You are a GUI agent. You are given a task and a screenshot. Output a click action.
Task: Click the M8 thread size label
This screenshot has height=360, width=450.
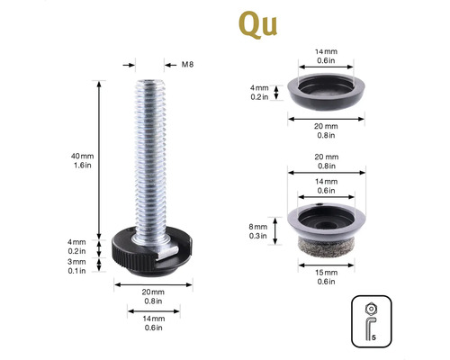pos(187,65)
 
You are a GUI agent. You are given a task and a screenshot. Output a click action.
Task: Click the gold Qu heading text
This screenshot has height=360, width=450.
pos(258,24)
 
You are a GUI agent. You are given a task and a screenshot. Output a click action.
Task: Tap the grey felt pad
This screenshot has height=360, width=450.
pos(327,247)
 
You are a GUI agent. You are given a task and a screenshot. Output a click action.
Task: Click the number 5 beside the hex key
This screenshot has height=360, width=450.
pos(373,337)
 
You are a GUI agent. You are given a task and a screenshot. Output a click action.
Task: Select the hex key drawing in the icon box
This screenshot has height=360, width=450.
pos(370,328)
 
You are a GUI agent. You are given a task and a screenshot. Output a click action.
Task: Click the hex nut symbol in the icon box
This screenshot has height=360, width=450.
pos(372,309)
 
